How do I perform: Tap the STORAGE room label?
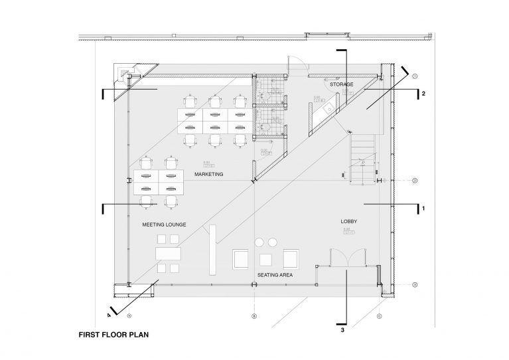pyautogui.click(x=341, y=85)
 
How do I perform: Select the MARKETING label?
pyautogui.click(x=208, y=174)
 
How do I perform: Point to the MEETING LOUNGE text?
pyautogui.click(x=164, y=225)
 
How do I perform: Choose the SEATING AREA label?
pyautogui.click(x=275, y=274)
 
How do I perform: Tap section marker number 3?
pyautogui.click(x=342, y=329)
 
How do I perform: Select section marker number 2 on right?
pyautogui.click(x=423, y=94)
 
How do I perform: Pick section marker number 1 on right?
pyautogui.click(x=423, y=209)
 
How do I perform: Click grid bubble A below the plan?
pyautogui.click(x=130, y=315)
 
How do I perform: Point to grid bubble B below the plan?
pyautogui.click(x=254, y=315)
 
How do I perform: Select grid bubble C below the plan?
pyautogui.click(x=380, y=315)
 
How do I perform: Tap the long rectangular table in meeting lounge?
pyautogui.click(x=169, y=254)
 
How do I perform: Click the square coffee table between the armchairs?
pyautogui.click(x=266, y=259)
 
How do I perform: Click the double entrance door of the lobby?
pyautogui.click(x=346, y=257)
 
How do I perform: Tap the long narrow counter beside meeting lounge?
pyautogui.click(x=212, y=249)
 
